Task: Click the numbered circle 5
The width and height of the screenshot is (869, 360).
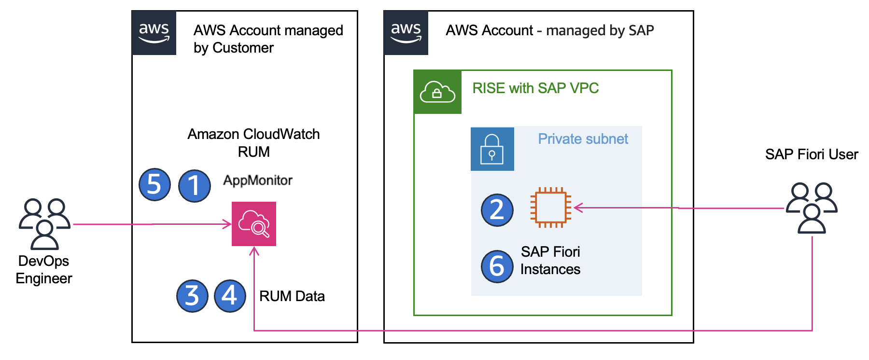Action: (154, 184)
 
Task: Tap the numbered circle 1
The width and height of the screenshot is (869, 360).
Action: (194, 186)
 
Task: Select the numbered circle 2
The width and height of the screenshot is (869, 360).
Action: (497, 210)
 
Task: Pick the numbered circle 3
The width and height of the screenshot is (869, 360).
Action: (192, 296)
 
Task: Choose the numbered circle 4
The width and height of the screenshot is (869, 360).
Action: (230, 296)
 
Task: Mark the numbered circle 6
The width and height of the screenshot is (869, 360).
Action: (497, 266)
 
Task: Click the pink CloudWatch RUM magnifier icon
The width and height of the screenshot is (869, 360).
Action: (254, 224)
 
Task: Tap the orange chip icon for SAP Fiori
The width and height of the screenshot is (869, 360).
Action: (550, 208)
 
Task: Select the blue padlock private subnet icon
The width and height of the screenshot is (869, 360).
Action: (492, 149)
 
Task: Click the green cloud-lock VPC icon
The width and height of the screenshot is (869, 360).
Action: (437, 92)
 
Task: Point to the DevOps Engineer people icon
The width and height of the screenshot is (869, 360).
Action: (44, 223)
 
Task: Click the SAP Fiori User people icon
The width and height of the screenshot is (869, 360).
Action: (812, 208)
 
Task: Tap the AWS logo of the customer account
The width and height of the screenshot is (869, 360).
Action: (154, 33)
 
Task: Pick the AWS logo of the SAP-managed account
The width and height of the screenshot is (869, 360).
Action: (406, 33)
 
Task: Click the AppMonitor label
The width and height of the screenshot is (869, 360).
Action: (258, 180)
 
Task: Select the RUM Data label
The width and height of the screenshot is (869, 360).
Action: (292, 296)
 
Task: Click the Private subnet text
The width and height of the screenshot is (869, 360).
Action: (583, 139)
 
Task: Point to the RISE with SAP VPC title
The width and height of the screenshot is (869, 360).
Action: (535, 88)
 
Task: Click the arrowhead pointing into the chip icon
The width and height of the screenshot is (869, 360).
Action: (578, 208)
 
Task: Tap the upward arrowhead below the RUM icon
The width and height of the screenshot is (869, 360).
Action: (254, 251)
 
